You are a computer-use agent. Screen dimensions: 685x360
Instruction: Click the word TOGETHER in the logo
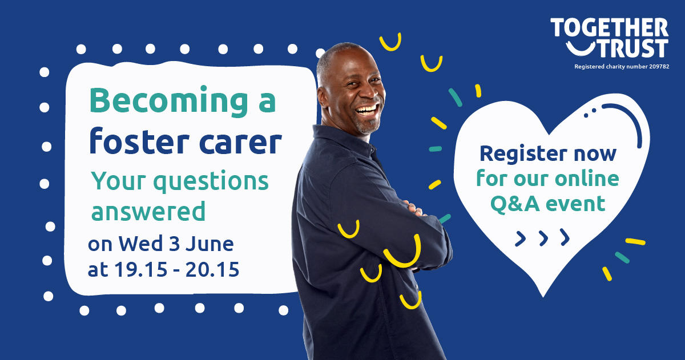(609, 27)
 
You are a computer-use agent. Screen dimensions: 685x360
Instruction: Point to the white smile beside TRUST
(581, 49)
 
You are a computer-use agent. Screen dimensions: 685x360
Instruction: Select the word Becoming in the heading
(168, 102)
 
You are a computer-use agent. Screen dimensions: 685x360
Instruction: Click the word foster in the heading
(139, 141)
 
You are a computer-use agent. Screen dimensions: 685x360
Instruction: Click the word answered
(148, 211)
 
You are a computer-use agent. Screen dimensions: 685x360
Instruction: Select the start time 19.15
(141, 269)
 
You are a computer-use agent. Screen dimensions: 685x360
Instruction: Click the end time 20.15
(212, 269)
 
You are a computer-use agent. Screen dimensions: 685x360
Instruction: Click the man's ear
(323, 97)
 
